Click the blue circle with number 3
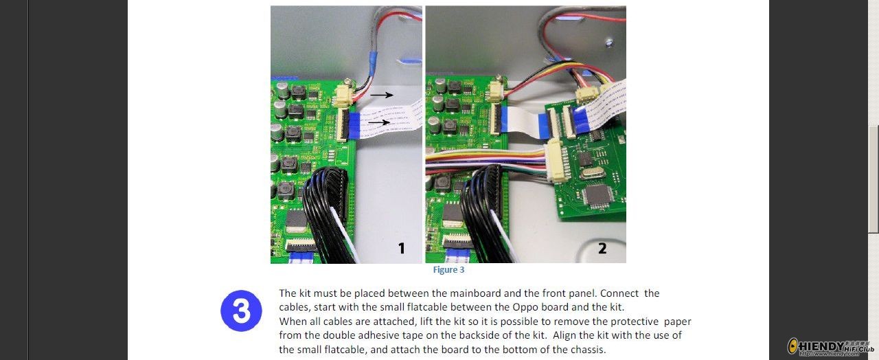pos(241,311)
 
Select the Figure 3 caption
pos(448,270)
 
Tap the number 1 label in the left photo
pos(401,248)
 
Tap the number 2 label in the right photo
pos(602,248)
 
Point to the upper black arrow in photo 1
pos(381,95)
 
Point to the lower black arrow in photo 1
pos(379,122)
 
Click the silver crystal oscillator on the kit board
pos(592,173)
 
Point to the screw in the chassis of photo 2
pos(608,42)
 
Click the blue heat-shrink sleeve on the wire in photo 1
pos(372,63)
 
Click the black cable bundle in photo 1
pos(326,212)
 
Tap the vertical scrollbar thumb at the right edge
pos(873,179)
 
